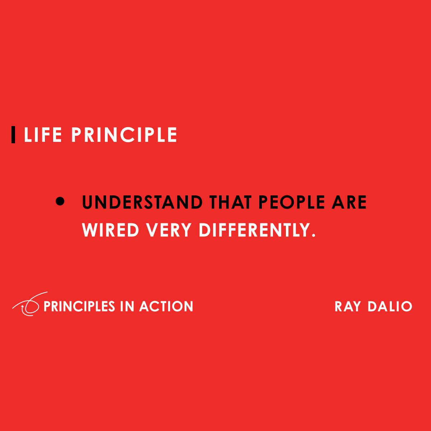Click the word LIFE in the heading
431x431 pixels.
point(43,135)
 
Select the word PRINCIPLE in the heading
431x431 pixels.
point(124,135)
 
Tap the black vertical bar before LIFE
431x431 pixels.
point(13,135)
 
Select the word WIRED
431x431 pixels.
point(111,230)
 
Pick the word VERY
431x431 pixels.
point(169,230)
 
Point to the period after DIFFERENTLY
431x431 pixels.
point(313,235)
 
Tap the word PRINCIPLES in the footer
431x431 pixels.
point(79,306)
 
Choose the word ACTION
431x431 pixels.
point(166,306)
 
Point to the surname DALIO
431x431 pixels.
point(390,307)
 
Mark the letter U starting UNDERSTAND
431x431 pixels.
point(88,203)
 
